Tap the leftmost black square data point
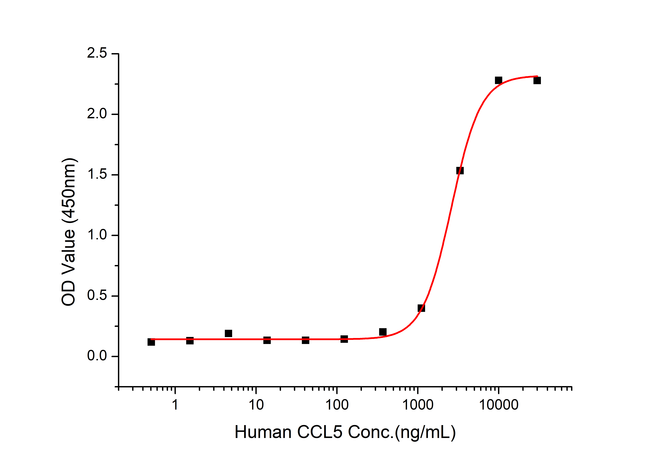click(151, 342)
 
